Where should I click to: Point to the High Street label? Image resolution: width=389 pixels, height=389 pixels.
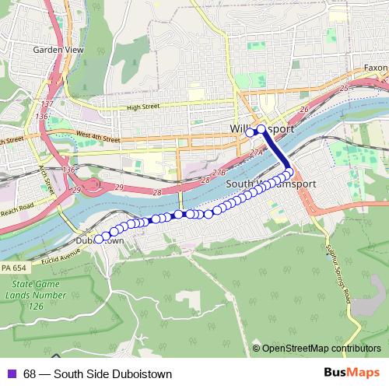(142, 107)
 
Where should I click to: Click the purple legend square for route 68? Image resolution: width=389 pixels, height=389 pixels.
(9, 373)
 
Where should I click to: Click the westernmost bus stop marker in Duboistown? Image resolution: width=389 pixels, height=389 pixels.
(99, 238)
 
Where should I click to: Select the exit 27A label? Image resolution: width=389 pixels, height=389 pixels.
(255, 154)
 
